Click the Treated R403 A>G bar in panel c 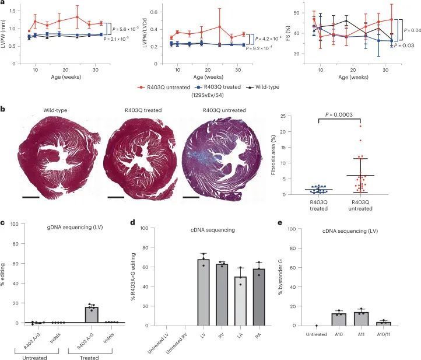pyautogui.click(x=91, y=313)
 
